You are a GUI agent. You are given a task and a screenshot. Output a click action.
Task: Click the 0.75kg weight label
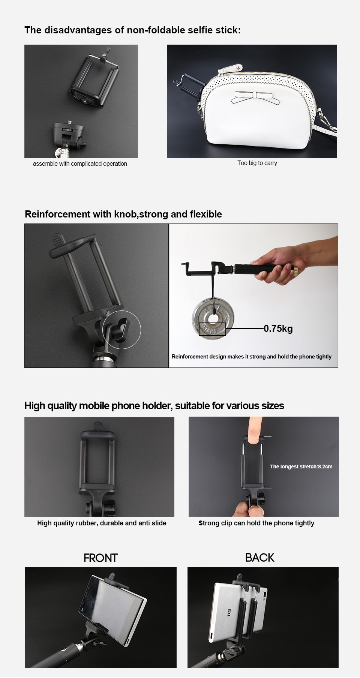(278, 328)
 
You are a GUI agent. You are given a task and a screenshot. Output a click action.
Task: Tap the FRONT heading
(100, 558)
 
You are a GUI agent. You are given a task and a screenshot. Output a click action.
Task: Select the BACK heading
(259, 558)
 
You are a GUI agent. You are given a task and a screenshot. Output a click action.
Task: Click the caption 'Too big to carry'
(257, 163)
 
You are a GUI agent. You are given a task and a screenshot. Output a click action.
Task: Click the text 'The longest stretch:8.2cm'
(301, 466)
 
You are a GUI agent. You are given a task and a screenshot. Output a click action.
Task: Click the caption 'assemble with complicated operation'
(80, 163)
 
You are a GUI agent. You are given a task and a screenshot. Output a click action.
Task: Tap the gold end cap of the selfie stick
(295, 269)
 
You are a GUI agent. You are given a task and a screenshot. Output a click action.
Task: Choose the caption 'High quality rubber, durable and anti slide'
(102, 523)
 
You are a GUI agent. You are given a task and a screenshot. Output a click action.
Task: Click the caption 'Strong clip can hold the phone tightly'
(256, 523)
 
